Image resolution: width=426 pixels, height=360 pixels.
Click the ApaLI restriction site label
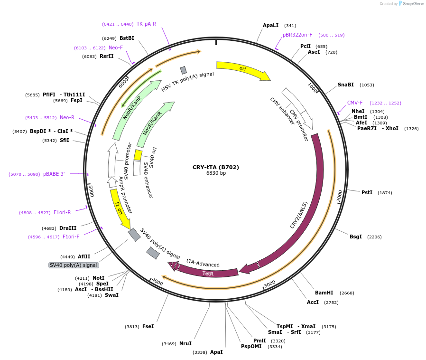pyautogui.click(x=270, y=25)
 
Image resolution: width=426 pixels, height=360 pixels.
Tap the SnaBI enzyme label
pyautogui.click(x=345, y=85)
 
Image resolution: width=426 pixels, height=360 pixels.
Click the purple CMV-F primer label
pyautogui.click(x=354, y=103)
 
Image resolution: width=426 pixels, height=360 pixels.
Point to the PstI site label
pyautogui.click(x=367, y=192)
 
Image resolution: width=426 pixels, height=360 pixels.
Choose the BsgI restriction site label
pyautogui.click(x=355, y=237)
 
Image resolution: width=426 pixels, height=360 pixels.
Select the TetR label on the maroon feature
pyautogui.click(x=208, y=274)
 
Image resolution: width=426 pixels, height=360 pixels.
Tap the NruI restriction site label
pyautogui.click(x=185, y=343)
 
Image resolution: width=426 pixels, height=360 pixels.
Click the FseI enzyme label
pyautogui.click(x=148, y=326)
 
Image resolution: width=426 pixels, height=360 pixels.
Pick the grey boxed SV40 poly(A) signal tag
pyautogui.click(x=74, y=265)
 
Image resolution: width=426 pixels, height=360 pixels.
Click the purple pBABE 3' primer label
pyautogui.click(x=54, y=174)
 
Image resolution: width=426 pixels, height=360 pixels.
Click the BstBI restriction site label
pyautogui.click(x=127, y=38)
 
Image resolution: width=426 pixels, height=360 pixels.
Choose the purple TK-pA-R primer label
pyautogui.click(x=146, y=24)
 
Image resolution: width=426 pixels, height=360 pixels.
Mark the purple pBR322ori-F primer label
pyautogui.click(x=297, y=35)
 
